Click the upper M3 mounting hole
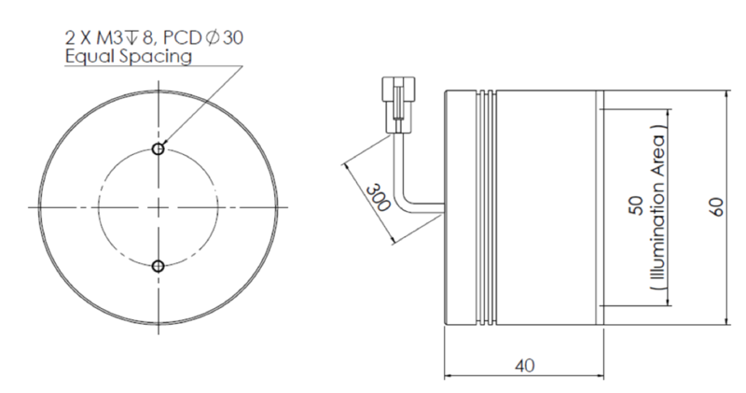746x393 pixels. [159, 149]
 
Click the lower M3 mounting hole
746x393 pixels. [159, 266]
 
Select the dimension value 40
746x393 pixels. [525, 366]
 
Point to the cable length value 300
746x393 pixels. [379, 197]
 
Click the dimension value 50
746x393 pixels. [636, 205]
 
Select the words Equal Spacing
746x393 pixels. [129, 57]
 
